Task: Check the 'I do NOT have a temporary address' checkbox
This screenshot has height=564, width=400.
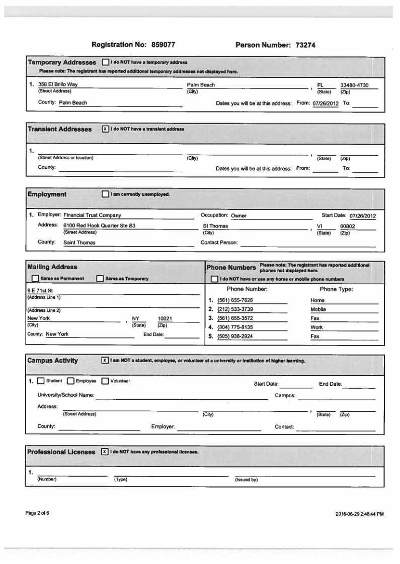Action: coord(105,63)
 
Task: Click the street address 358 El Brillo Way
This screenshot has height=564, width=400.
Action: coord(58,85)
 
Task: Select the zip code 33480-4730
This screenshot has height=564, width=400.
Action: coord(354,85)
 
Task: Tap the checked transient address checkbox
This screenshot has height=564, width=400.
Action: coord(105,129)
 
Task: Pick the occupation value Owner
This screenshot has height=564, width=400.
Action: coord(238,216)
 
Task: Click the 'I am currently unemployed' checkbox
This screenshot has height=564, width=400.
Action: coord(105,194)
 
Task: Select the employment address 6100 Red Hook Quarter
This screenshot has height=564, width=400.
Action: coord(99,226)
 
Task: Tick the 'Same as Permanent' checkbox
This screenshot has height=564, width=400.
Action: coord(35,279)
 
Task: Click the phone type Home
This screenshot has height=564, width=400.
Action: coord(317,300)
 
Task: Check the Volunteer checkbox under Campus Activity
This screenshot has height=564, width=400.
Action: coord(105,381)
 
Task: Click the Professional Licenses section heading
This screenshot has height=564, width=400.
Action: coord(61,452)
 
